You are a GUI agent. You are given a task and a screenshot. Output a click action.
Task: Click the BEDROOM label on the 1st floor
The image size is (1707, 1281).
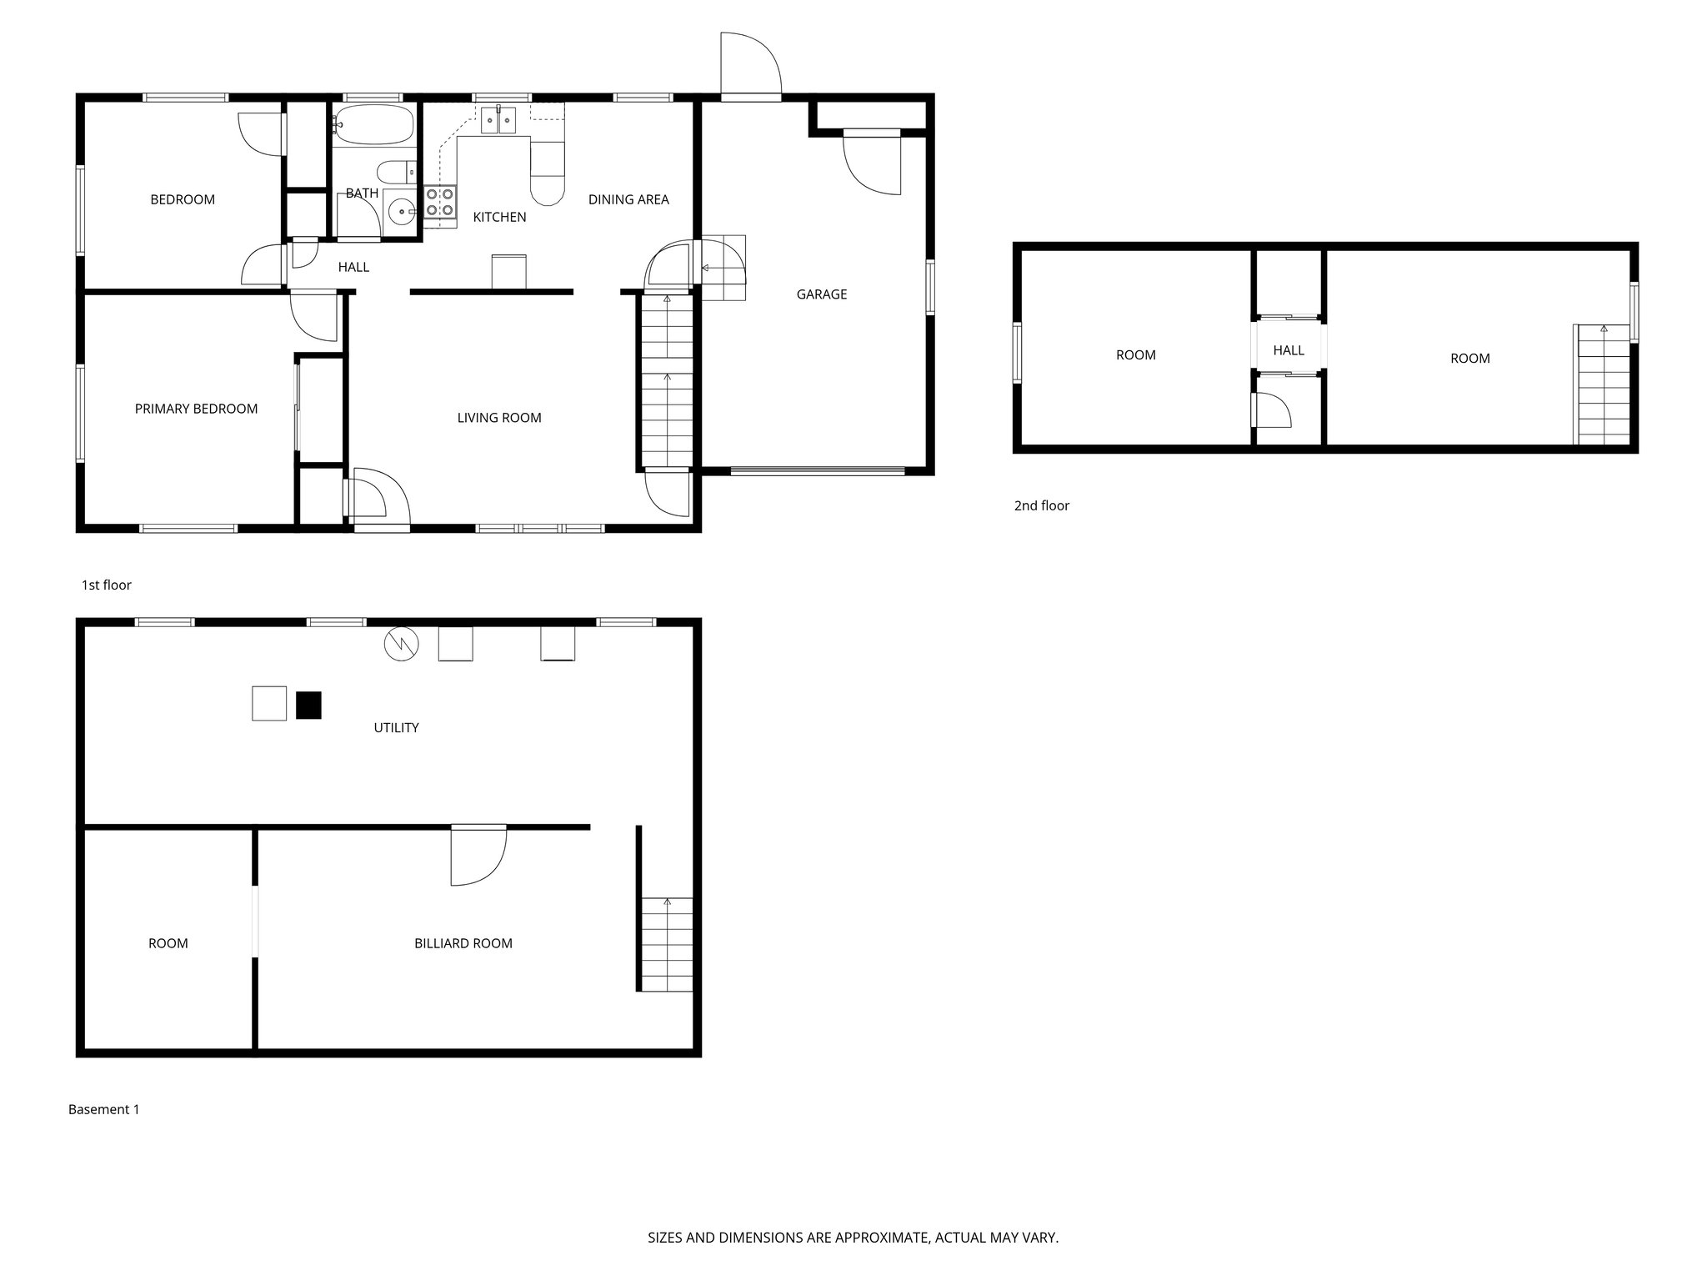[183, 199]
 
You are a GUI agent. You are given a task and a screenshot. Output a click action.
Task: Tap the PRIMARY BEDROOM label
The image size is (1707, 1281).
[196, 409]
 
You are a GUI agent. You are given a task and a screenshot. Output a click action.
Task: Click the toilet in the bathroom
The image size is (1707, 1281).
[397, 173]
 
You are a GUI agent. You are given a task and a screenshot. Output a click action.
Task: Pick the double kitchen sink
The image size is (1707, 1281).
[498, 120]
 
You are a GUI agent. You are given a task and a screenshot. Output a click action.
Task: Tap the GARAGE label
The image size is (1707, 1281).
[821, 294]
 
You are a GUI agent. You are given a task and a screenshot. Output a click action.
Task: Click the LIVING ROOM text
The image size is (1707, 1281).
[499, 418]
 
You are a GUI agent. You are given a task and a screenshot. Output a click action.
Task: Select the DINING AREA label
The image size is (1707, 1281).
[628, 199]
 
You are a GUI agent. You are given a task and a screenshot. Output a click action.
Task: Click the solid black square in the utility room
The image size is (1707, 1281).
[308, 706]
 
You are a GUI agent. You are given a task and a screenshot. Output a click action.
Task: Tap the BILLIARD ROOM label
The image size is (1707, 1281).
[463, 943]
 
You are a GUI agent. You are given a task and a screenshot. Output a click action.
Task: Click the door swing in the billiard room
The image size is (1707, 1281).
[477, 857]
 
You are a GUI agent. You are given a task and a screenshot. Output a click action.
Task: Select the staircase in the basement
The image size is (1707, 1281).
[667, 944]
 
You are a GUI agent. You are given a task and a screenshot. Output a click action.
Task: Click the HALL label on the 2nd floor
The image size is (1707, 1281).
[1289, 350]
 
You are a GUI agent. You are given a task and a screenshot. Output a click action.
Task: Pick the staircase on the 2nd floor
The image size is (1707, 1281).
[1603, 385]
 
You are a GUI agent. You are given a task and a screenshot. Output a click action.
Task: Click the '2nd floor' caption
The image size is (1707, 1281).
[1041, 505]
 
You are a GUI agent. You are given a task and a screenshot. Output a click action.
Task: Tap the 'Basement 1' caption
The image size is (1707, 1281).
[103, 1109]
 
